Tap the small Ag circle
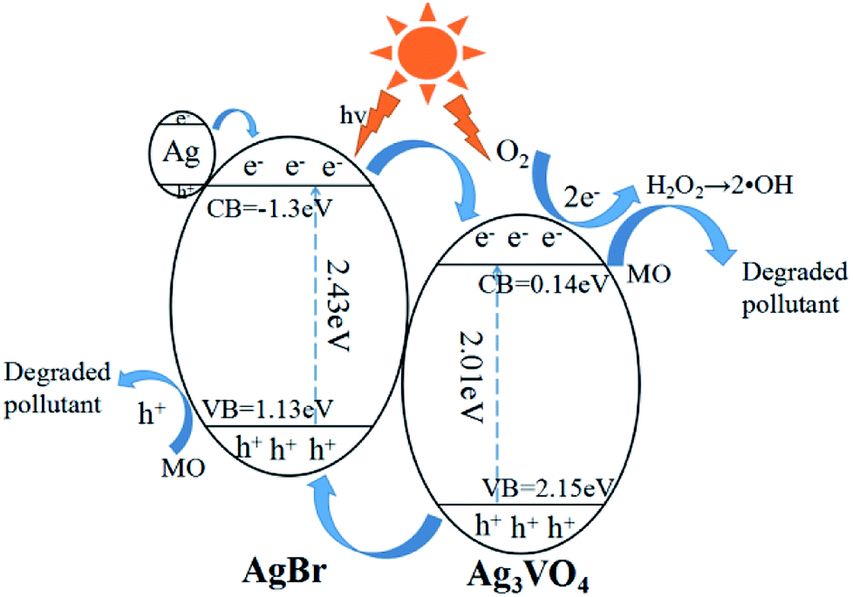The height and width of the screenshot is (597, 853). coord(180,154)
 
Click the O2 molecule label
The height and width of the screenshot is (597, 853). coord(512,154)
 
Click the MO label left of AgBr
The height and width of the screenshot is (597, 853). coord(183,468)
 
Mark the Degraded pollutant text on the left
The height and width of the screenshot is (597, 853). coord(58,388)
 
